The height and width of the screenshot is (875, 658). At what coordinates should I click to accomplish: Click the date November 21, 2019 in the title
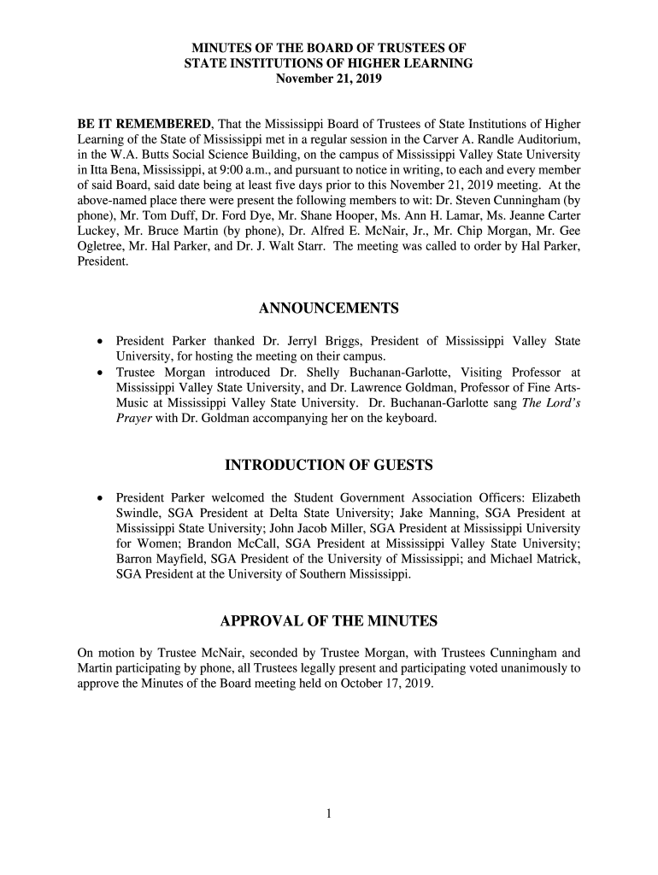pos(329,79)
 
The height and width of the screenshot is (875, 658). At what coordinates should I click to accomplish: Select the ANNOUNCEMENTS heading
pos(329,308)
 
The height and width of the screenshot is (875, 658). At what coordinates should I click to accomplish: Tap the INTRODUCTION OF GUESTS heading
pos(329,466)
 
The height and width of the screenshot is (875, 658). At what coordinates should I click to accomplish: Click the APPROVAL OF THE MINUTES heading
pos(329,620)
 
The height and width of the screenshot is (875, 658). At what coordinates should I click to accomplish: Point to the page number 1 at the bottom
pos(328,813)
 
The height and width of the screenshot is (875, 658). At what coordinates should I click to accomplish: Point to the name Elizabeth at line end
pos(555,497)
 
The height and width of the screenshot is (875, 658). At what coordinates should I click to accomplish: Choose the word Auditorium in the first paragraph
pos(549,138)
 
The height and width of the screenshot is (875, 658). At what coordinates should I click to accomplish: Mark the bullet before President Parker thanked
pos(100,342)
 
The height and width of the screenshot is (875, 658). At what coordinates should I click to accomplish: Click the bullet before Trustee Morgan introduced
pos(100,373)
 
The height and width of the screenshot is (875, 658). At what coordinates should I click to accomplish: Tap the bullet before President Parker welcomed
pos(100,497)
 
